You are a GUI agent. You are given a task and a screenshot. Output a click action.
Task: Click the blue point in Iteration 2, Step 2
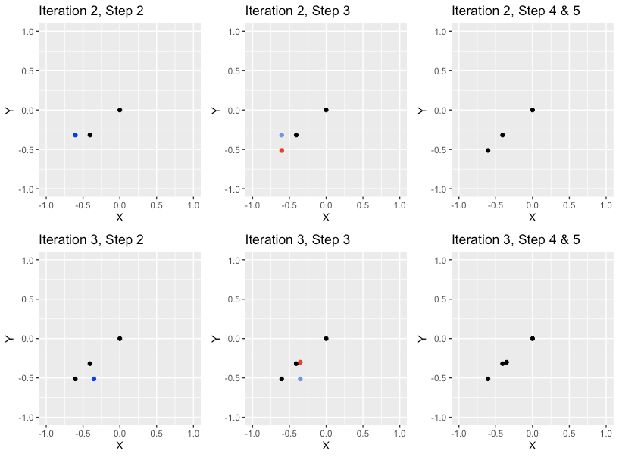pos(75,135)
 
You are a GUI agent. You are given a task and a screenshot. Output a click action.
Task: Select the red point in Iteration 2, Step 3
pos(282,150)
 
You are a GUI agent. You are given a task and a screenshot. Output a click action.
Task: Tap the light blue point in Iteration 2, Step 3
pos(282,135)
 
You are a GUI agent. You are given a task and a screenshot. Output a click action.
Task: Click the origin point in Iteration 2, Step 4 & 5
pos(533,110)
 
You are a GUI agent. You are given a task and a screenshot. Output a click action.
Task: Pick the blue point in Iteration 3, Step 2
pos(94,378)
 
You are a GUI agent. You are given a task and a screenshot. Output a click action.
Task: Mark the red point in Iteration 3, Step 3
pos(300,362)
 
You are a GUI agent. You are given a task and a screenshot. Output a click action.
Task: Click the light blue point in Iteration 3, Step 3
pos(300,378)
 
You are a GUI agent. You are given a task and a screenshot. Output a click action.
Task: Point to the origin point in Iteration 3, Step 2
pos(120,338)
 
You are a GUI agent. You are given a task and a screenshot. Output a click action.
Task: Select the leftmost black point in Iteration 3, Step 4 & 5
pos(488,378)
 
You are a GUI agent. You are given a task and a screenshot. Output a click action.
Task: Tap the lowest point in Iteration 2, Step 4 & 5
pos(488,150)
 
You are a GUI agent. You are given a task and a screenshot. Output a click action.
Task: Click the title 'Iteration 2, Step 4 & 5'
pos(505,11)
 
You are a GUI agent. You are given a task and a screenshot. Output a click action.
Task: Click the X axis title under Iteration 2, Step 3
pos(326,218)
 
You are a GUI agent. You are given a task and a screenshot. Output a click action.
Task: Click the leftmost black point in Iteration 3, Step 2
pos(75,378)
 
